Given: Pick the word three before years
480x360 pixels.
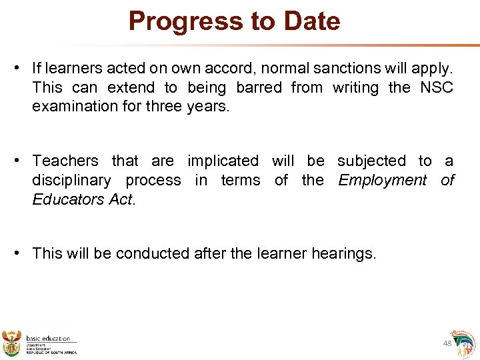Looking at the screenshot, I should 158,107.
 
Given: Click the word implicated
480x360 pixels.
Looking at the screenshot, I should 223,161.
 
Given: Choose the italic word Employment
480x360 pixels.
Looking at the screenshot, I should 382,180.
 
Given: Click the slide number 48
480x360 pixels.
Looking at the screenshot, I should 447,343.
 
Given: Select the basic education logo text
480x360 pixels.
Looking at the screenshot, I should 48,339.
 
